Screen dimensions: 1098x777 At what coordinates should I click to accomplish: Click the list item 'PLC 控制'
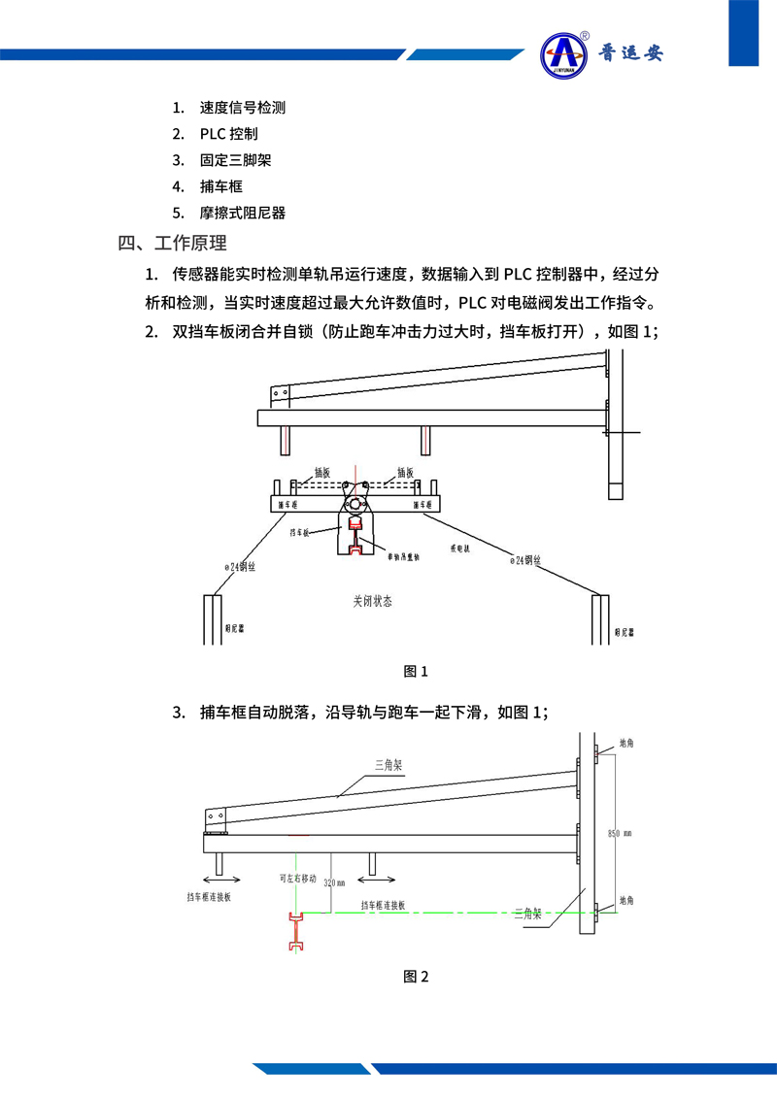(x=228, y=134)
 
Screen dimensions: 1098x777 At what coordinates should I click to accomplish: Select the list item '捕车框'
(x=220, y=186)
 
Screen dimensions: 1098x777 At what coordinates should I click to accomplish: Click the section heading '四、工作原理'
(x=172, y=243)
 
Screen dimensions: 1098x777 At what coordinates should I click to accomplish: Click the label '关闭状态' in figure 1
(x=372, y=601)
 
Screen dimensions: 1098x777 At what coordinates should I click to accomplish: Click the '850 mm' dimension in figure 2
(x=619, y=833)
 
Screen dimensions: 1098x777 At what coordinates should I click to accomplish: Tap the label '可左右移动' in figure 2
(x=297, y=878)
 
